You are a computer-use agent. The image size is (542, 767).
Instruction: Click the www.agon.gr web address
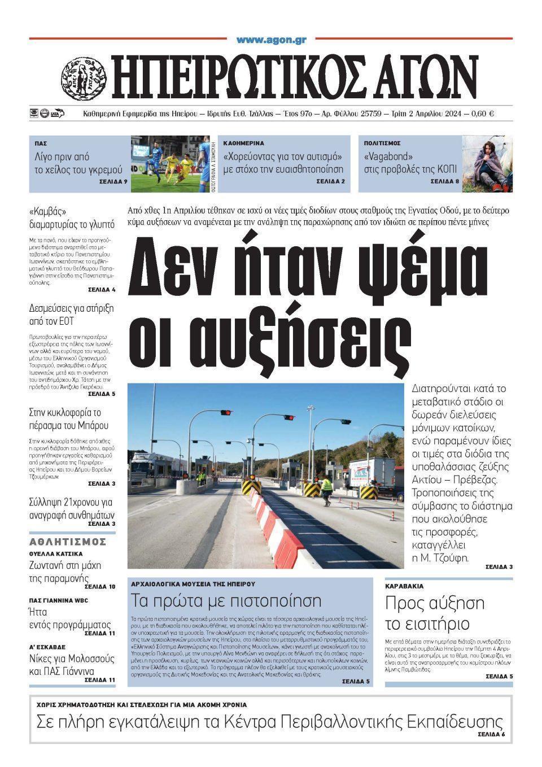271,40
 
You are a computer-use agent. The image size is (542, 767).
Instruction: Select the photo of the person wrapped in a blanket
487,164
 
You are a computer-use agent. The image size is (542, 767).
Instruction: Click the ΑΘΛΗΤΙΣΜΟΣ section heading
68,542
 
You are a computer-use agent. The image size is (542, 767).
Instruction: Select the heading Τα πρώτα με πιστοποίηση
226,600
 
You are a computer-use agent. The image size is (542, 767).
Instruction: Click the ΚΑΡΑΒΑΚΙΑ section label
404,586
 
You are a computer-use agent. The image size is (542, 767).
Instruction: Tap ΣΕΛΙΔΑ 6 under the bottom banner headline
491,734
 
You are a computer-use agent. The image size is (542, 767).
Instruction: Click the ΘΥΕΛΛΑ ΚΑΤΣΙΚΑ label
56,554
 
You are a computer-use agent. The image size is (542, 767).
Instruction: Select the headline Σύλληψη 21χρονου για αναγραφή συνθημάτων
71,508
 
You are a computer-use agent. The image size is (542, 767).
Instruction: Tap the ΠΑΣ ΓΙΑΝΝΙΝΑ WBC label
59,600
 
